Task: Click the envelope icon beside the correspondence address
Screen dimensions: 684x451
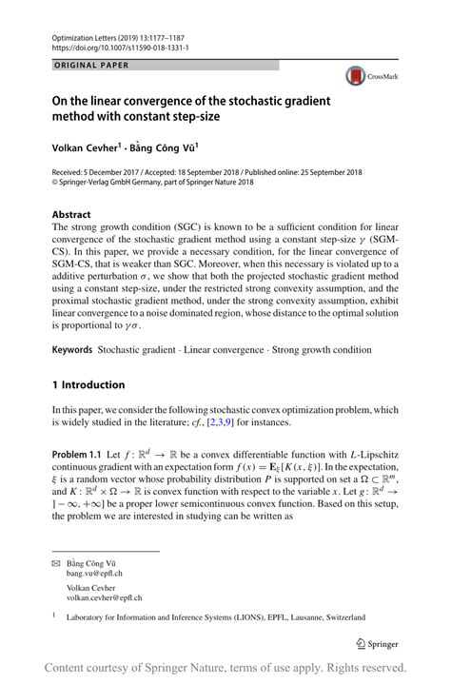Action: coord(55,562)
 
